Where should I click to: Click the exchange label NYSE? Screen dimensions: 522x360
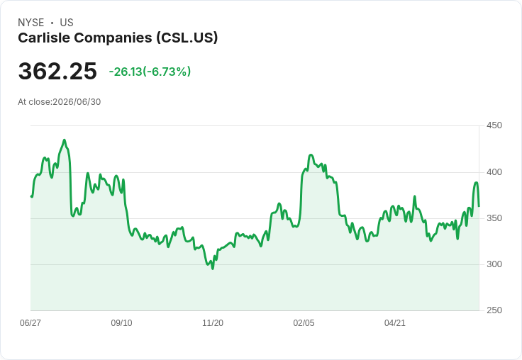tap(31, 23)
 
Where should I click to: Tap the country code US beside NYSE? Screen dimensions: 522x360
tap(67, 23)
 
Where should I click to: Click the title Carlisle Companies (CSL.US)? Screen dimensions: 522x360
tap(118, 38)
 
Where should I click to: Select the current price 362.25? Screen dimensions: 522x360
tap(57, 71)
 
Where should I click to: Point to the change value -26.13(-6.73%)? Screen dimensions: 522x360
tap(150, 72)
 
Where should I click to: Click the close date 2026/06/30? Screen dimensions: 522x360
tap(77, 102)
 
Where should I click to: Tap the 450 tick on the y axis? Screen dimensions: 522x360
tap(494, 125)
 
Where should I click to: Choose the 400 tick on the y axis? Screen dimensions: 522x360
tap(494, 172)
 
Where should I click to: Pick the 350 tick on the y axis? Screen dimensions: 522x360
tap(494, 218)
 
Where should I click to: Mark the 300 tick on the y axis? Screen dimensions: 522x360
tap(494, 264)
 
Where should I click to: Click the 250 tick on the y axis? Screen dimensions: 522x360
tap(494, 310)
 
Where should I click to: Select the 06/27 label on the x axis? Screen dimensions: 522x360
tap(30, 323)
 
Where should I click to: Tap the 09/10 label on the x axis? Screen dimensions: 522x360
tap(121, 323)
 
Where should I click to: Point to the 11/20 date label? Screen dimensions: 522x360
tap(213, 323)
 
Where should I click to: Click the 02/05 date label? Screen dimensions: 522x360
tap(304, 323)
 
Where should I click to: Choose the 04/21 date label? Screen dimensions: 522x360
tap(395, 323)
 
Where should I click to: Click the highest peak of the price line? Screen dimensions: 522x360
tap(65, 140)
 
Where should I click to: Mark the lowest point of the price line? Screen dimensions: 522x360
tap(213, 269)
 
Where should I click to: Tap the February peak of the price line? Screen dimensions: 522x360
tap(311, 155)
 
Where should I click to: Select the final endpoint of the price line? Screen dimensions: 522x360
tap(479, 206)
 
